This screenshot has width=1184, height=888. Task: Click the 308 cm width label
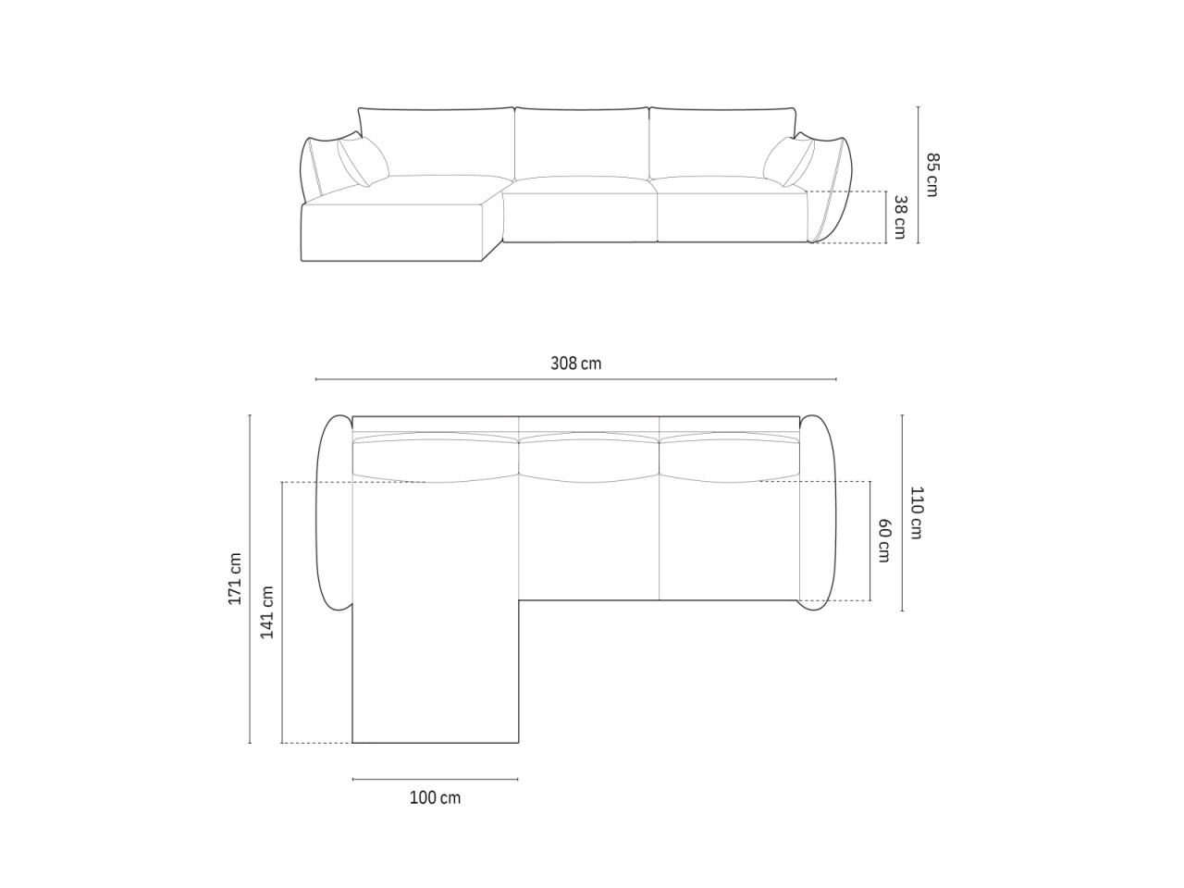tap(575, 364)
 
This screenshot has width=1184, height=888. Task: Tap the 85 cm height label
tap(932, 175)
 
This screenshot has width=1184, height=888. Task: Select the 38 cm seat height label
tap(900, 217)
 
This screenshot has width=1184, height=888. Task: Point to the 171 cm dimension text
tap(235, 578)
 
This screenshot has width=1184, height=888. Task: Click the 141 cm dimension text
tap(267, 612)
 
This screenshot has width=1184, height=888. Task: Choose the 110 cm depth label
tap(917, 512)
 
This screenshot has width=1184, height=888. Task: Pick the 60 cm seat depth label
tap(884, 540)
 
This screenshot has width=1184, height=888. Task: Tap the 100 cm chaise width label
tap(435, 797)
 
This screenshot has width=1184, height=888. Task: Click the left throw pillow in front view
tap(363, 161)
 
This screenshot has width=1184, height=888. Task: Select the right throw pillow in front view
tap(789, 161)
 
